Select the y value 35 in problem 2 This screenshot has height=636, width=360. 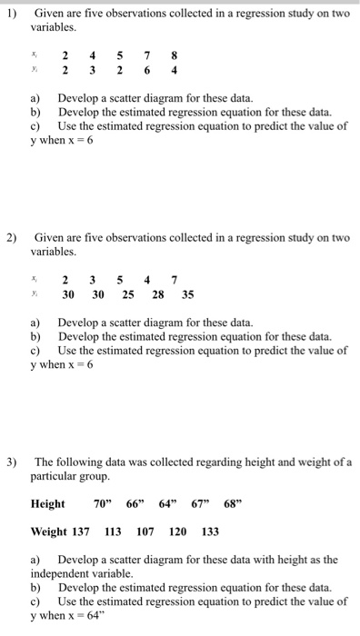(x=188, y=294)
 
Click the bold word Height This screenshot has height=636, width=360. (x=48, y=503)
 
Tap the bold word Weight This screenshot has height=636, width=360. (x=50, y=531)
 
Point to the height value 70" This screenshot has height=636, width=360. (x=103, y=503)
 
